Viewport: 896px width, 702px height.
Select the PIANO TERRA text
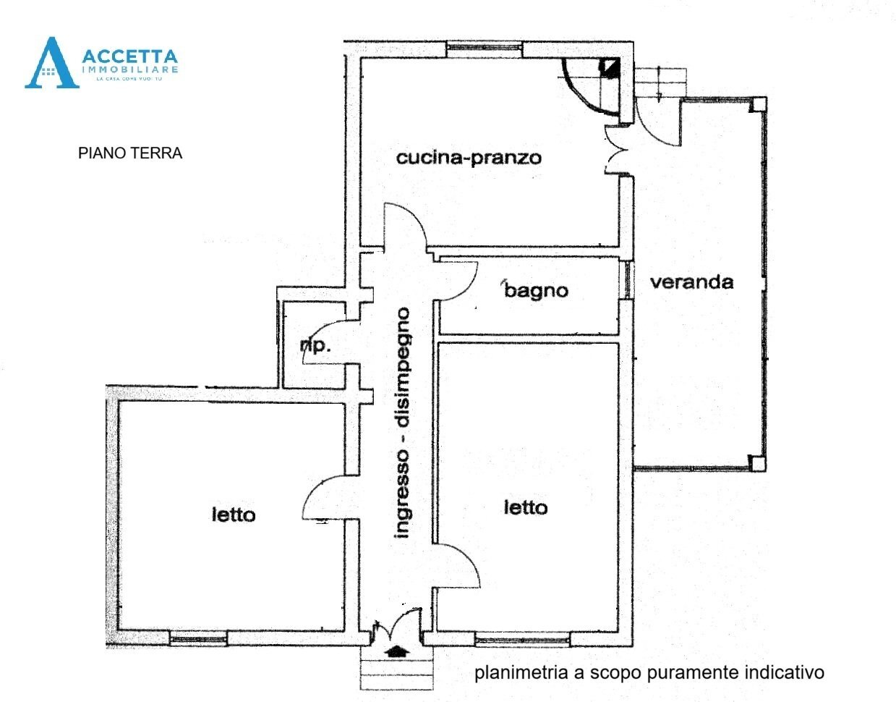(130, 153)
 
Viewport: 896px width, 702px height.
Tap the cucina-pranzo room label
(469, 157)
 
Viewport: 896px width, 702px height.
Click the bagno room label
(536, 291)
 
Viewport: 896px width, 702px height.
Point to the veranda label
(691, 282)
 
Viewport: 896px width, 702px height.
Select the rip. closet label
(315, 345)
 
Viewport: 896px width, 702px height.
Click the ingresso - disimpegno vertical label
(402, 423)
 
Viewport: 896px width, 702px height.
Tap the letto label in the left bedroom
(233, 515)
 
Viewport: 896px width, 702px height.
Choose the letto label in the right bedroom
(525, 508)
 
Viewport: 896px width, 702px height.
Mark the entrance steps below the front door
(397, 673)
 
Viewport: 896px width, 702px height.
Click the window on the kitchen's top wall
(484, 49)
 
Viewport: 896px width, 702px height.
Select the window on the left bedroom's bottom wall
(198, 639)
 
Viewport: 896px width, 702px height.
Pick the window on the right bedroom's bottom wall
(522, 639)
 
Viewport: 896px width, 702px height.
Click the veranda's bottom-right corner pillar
(756, 462)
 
